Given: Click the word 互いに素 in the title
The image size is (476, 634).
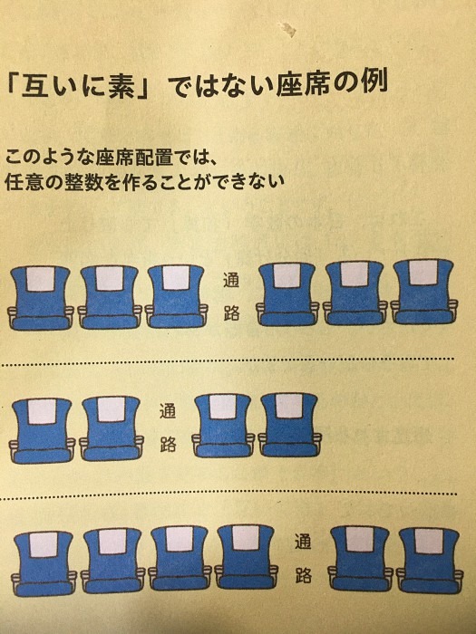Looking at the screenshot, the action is click(x=79, y=85).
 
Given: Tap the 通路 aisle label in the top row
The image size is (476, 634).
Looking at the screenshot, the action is click(x=231, y=297).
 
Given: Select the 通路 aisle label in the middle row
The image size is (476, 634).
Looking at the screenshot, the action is click(x=168, y=427).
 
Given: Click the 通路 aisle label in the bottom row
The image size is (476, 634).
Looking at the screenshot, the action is click(x=303, y=559).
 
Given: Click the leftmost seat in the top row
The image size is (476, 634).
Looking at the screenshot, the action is click(x=41, y=298).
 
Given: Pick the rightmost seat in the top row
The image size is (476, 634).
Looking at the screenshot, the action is click(x=424, y=292).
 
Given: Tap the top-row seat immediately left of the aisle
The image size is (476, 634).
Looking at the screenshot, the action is click(x=177, y=296).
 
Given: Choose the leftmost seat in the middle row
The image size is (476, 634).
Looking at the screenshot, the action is click(x=42, y=430).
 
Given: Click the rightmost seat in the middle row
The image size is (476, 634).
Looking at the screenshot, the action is click(x=290, y=425).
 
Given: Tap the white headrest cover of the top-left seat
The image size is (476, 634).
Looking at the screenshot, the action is click(x=41, y=279).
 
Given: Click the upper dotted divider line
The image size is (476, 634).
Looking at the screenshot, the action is click(x=228, y=360).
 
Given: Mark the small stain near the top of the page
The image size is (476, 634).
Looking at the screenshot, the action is click(x=289, y=29).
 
